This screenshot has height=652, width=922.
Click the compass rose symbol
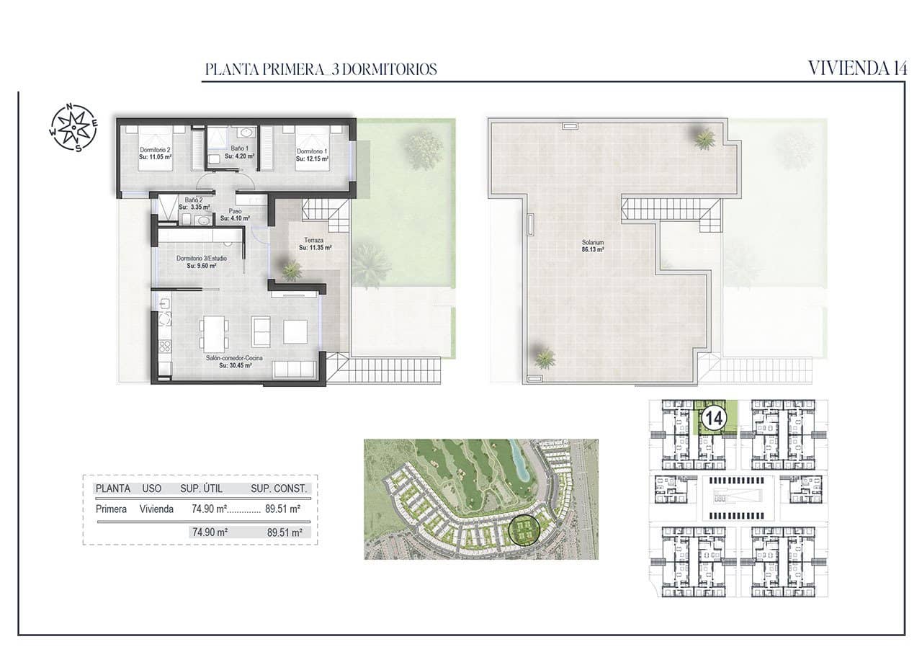[x=73, y=128]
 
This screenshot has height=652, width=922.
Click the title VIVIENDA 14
[x=856, y=68]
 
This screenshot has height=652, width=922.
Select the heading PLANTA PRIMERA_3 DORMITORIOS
[x=321, y=70]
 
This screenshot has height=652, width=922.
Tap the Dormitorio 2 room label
[x=155, y=153]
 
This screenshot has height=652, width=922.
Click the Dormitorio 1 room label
[x=312, y=153]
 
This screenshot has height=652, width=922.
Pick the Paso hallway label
[x=235, y=215]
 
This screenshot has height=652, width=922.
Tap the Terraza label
[x=314, y=244]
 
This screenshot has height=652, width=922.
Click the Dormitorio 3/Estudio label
[x=202, y=262]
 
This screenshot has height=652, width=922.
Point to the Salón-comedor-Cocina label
[x=235, y=361]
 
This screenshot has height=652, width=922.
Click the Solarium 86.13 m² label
[x=593, y=246]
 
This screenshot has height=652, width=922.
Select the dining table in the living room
[x=215, y=333]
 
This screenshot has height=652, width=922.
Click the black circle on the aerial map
[x=524, y=531]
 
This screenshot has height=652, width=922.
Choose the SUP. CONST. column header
[x=279, y=488]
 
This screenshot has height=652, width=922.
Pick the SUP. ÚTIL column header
[x=201, y=488]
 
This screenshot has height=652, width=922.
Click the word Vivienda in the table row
[x=156, y=509]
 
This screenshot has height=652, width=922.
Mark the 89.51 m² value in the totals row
[x=284, y=533]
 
